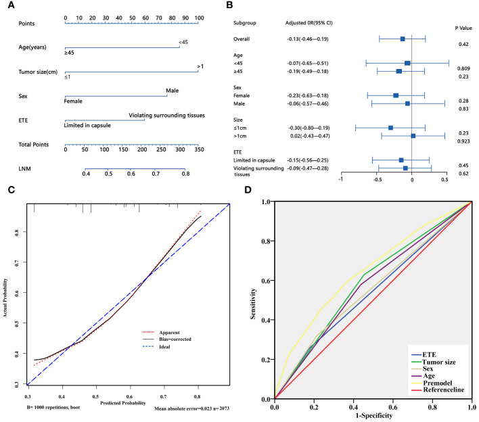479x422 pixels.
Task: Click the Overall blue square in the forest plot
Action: point(403,39)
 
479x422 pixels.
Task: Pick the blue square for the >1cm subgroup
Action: point(413,136)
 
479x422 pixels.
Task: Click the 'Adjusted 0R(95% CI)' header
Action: point(309,23)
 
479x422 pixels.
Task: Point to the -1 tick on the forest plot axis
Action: point(342,179)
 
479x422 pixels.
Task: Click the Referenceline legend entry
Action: point(434,392)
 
